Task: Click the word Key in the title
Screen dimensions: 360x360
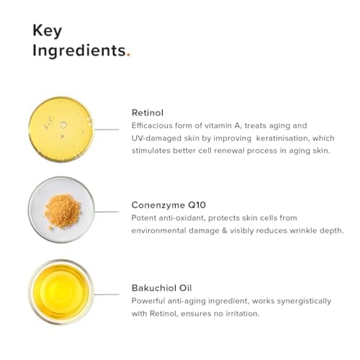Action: [x=47, y=31]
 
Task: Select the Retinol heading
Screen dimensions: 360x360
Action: [x=148, y=112]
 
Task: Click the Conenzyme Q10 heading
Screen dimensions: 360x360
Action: [x=167, y=204]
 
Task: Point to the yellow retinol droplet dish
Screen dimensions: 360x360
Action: [x=61, y=129]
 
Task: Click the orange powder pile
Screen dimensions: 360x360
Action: [x=62, y=210]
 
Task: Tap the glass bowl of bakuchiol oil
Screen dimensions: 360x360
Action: [x=61, y=292]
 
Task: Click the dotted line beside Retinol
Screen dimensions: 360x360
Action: [x=107, y=129]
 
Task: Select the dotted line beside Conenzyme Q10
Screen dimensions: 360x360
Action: [x=107, y=212]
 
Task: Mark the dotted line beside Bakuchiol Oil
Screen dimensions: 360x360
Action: [x=107, y=294]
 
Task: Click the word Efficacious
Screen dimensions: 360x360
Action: [x=154, y=125]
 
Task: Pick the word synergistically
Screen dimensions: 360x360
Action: [x=302, y=300]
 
